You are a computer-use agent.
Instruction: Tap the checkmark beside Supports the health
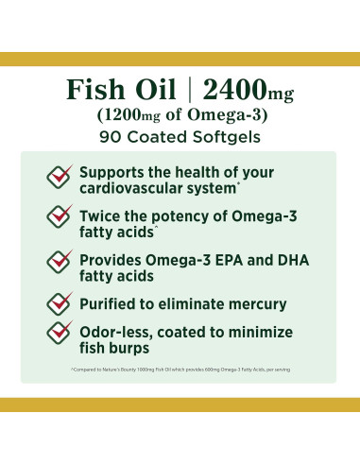click(60, 177)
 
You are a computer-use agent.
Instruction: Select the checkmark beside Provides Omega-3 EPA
click(60, 262)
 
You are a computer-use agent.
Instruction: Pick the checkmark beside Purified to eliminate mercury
click(60, 301)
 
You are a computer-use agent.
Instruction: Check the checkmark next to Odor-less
click(60, 334)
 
